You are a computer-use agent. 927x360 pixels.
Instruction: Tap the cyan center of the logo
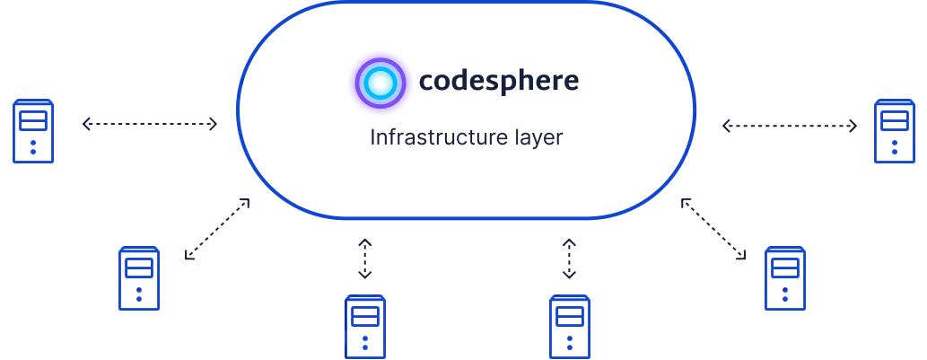(x=380, y=82)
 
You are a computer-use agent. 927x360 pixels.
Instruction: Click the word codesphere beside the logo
(x=500, y=82)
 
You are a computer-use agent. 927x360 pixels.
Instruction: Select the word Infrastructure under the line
(x=435, y=141)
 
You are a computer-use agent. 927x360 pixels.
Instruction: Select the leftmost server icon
(x=32, y=131)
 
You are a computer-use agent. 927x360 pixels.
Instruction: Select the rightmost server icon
(x=894, y=131)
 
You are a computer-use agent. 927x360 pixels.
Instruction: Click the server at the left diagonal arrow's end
(x=139, y=277)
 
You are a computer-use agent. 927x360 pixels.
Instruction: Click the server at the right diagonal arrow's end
(x=786, y=277)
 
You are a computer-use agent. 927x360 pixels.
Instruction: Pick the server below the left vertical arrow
(x=365, y=326)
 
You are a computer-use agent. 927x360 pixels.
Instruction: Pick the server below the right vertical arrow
(x=569, y=326)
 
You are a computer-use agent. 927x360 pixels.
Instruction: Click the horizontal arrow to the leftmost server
(x=150, y=127)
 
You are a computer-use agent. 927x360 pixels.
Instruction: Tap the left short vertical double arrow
(x=364, y=258)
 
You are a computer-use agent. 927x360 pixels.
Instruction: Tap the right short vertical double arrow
(x=570, y=258)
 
